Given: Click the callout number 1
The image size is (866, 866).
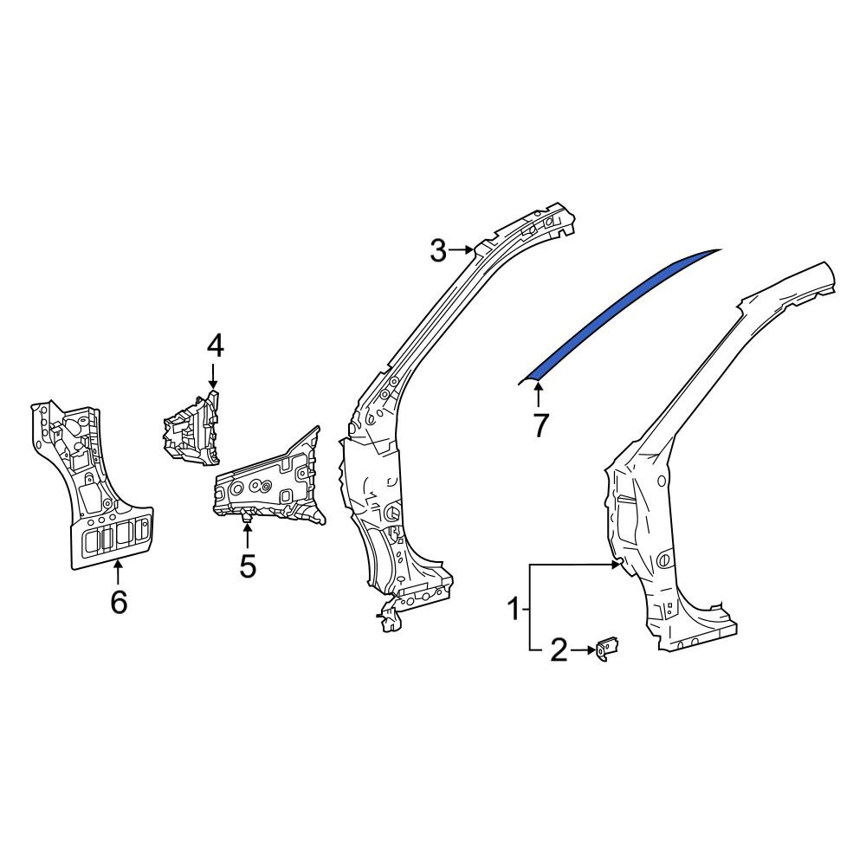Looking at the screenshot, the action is pos(514,610).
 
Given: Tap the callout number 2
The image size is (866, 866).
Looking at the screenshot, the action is pos(559,650).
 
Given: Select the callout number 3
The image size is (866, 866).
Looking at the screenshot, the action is pos(438,251).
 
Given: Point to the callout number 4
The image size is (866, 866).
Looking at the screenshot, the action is pos(216,347).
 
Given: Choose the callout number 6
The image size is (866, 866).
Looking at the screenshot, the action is pos(119,602).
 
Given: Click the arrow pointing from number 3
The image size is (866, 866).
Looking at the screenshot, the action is pos(462,251).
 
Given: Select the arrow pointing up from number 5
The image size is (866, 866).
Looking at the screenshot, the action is pos(248,535).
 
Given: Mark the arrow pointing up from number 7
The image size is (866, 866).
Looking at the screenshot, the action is pos(539,395).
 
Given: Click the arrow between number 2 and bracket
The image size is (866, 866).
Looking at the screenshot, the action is pos(582,650).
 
